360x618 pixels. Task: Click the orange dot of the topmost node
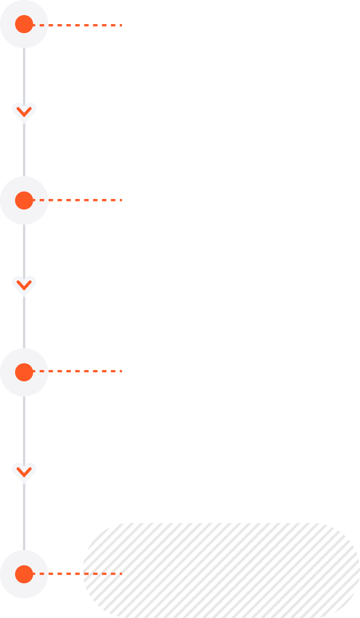tap(24, 24)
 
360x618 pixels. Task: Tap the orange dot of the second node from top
tap(24, 200)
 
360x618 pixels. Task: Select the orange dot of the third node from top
tap(24, 372)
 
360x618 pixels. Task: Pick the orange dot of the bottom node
tap(24, 574)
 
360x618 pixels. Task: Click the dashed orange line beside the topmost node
tap(80, 25)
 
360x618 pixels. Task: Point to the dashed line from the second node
tap(80, 200)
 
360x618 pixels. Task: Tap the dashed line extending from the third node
tap(80, 371)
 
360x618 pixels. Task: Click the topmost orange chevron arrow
tap(24, 112)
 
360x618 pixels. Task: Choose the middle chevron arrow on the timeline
tap(24, 285)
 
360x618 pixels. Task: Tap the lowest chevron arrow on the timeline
tap(24, 472)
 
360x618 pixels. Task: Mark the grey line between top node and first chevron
tap(24, 75)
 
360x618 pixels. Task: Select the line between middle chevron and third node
tap(24, 322)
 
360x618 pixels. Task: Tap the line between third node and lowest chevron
tap(24, 430)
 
